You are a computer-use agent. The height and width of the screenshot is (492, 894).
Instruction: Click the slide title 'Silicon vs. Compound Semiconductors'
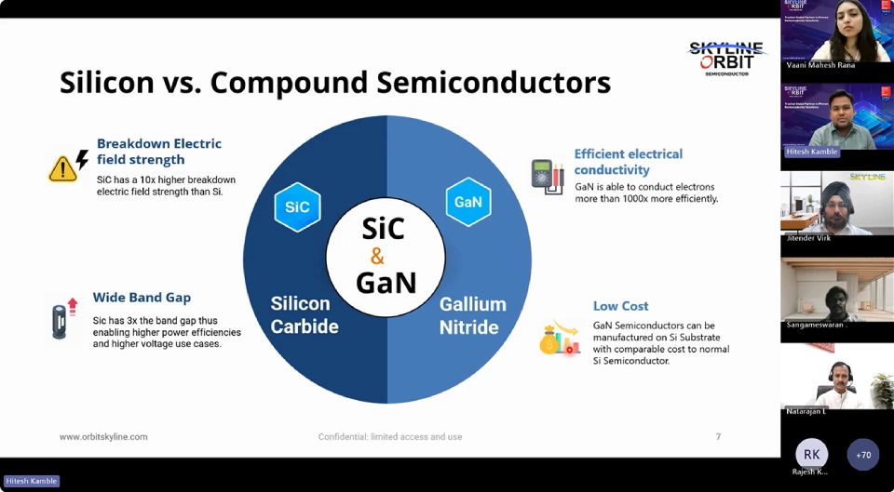pos(335,82)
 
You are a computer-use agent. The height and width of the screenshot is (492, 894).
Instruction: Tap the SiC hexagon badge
pos(297,206)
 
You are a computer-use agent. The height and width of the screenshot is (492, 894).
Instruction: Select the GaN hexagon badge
pos(467,202)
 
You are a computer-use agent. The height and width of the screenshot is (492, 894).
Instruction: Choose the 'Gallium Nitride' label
pos(472,315)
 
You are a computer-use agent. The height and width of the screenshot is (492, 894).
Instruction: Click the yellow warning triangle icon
pos(62,168)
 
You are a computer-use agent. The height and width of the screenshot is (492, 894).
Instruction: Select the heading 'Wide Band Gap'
pos(142,298)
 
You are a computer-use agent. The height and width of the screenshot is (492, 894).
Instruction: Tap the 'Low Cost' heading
pos(620,306)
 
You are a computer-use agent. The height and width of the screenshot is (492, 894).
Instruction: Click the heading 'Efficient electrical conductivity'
pos(628,162)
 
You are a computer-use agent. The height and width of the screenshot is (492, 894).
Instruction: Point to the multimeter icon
pos(547,176)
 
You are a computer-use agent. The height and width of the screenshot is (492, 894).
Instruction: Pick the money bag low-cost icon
pos(557,339)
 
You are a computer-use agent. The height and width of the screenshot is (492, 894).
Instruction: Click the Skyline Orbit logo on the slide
pos(726,58)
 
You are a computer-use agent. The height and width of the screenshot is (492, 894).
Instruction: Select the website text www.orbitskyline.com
pos(103,436)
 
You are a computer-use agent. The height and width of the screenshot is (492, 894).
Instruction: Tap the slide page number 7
pos(718,436)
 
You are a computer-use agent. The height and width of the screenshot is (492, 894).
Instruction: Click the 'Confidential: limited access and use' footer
pos(389,436)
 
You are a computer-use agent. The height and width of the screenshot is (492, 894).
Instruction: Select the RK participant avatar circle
pos(811,454)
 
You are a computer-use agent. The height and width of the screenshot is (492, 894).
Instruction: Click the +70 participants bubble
pos(863,454)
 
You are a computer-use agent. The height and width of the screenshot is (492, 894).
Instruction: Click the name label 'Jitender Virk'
pos(808,238)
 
